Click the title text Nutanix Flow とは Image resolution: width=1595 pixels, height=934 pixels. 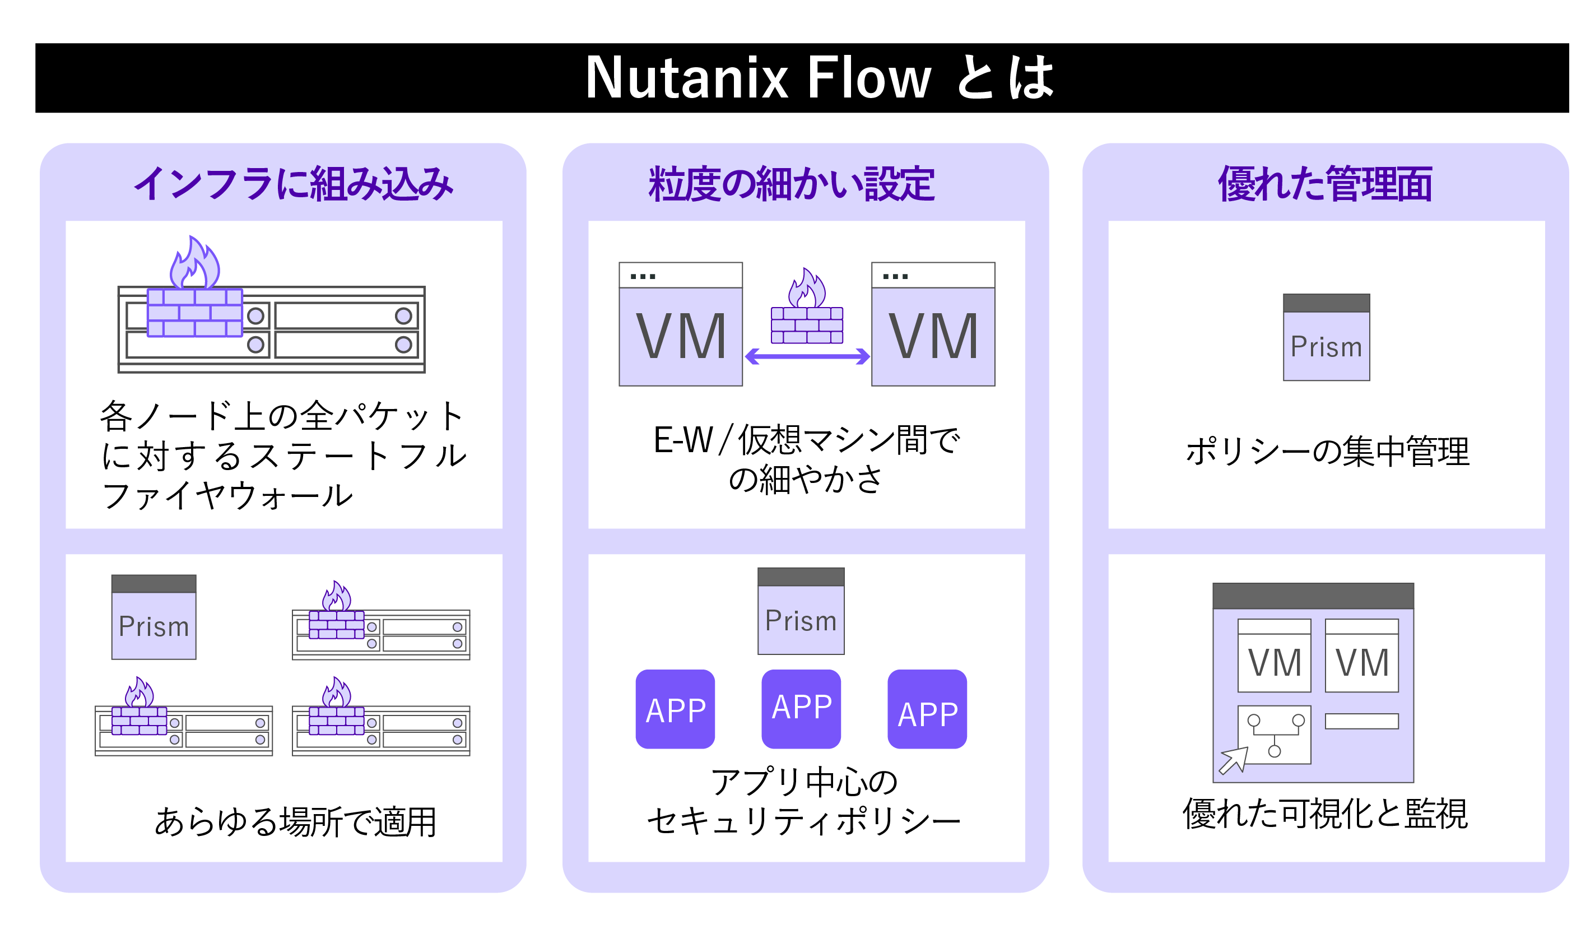[819, 78]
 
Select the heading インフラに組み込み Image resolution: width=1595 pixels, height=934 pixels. [293, 184]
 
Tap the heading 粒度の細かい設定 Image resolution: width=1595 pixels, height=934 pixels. [791, 184]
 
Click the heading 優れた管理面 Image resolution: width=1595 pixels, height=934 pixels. [1325, 184]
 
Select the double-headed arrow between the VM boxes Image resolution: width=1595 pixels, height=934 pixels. [807, 357]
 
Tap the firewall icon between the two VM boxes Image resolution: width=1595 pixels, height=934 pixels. [807, 310]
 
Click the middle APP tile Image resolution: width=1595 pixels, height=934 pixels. [801, 709]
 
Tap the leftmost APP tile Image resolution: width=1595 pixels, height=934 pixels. [675, 709]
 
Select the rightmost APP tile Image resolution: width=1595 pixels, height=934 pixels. [927, 709]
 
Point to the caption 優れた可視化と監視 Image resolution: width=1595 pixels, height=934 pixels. [1325, 814]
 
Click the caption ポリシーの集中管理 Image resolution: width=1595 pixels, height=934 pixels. [1327, 452]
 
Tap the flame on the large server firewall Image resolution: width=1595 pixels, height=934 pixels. [195, 264]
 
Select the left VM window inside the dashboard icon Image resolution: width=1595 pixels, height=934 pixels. [1273, 656]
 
